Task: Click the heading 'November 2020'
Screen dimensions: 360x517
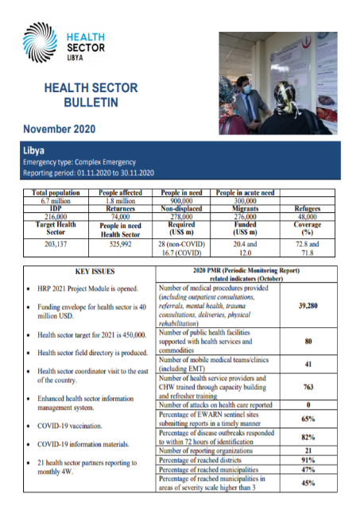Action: tap(61, 129)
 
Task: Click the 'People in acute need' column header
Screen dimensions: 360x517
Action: tap(245, 193)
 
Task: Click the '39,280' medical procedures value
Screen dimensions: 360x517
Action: tap(310, 305)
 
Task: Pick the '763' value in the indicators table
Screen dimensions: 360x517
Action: tap(310, 388)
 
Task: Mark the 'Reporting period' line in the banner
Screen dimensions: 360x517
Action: tap(87, 172)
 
